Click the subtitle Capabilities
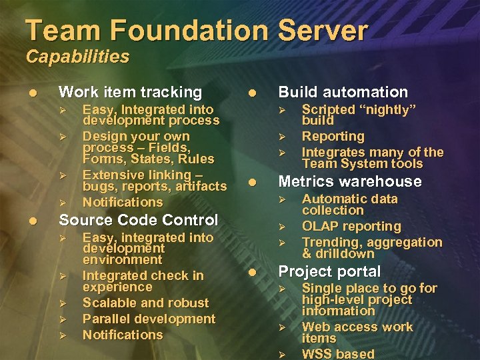pyautogui.click(x=77, y=57)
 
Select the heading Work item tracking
pyautogui.click(x=130, y=92)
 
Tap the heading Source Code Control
pyautogui.click(x=139, y=220)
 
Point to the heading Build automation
pyautogui.click(x=343, y=92)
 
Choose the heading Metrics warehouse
pyautogui.click(x=349, y=181)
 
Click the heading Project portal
pyautogui.click(x=329, y=271)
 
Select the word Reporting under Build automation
pyautogui.click(x=333, y=136)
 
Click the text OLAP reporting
pyautogui.click(x=351, y=226)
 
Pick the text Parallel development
pyautogui.click(x=149, y=319)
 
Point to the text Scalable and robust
pyautogui.click(x=145, y=303)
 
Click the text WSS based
pyautogui.click(x=338, y=353)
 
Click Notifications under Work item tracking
pyautogui.click(x=123, y=202)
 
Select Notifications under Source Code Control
pyautogui.click(x=123, y=335)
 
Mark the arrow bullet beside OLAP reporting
pyautogui.click(x=283, y=227)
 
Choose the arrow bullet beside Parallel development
pyautogui.click(x=63, y=319)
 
